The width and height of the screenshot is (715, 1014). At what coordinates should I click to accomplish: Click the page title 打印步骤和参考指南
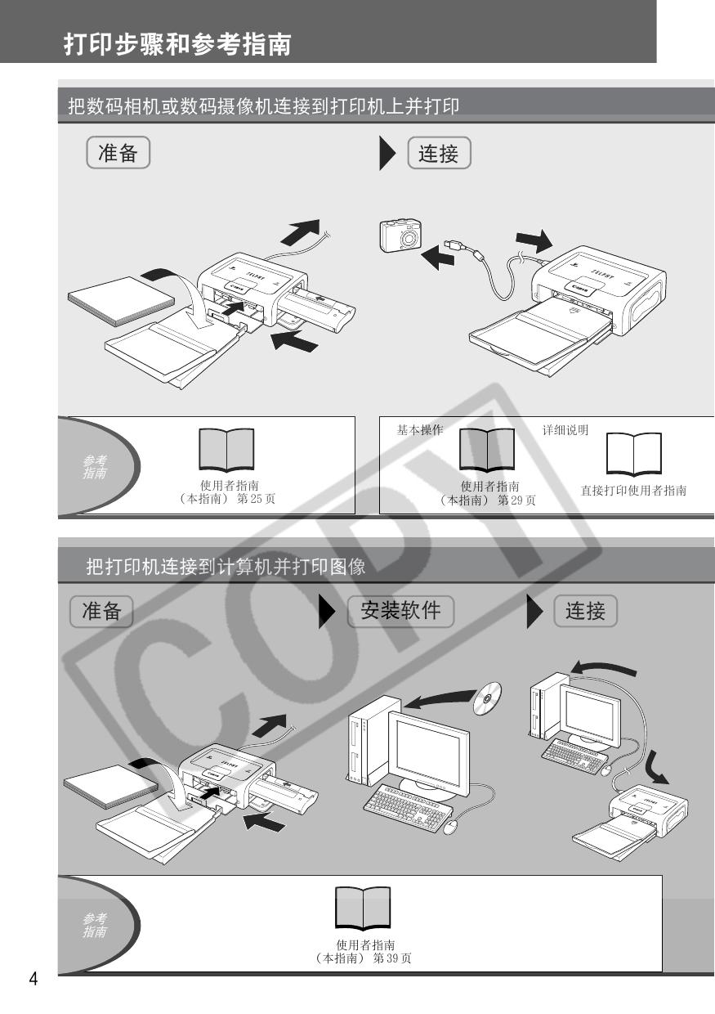177,44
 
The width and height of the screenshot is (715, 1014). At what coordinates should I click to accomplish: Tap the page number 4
34,979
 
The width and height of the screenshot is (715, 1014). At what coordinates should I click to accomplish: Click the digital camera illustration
400,236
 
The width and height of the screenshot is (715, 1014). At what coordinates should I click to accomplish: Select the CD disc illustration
488,698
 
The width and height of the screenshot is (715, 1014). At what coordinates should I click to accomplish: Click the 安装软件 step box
400,611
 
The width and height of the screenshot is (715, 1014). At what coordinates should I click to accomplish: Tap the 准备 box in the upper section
118,153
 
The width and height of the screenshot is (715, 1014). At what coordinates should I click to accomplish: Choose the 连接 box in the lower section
586,611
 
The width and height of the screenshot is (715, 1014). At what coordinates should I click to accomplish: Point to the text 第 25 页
256,499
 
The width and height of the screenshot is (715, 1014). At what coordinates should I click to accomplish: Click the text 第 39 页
392,958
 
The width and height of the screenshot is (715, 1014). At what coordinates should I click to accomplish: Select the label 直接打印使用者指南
633,491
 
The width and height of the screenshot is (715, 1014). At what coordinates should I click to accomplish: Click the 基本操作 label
420,429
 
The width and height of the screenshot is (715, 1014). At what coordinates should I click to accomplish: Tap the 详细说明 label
565,429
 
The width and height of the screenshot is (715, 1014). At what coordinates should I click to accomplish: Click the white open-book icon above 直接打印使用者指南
633,454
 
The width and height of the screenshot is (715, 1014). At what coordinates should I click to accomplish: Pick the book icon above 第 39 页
363,908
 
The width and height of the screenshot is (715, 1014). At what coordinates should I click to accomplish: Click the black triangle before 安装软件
327,611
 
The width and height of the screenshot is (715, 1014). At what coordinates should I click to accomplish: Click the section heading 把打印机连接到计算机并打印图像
226,567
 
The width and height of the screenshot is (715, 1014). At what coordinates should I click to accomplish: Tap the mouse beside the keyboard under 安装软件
450,827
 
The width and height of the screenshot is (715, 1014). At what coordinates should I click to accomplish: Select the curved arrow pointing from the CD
440,699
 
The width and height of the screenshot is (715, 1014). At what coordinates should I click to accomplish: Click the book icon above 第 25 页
226,450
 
